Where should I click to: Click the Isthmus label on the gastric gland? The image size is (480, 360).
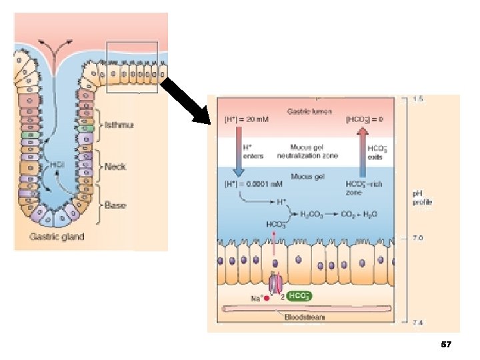point(119,125)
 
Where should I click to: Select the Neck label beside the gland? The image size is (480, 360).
point(115,167)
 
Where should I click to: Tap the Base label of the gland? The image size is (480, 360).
point(115,205)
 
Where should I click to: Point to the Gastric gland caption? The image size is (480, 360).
point(57,237)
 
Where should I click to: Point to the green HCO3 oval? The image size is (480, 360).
point(297,297)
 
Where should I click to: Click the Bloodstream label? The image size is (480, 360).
point(305,317)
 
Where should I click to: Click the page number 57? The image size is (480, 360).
point(446,345)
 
